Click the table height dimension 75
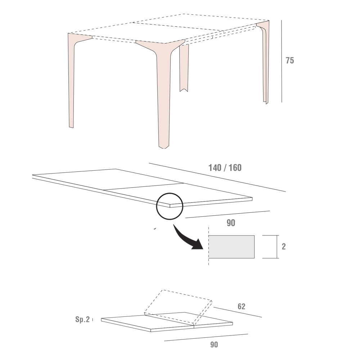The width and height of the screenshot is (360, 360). [x=290, y=60]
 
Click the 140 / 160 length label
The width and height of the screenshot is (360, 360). [x=225, y=168]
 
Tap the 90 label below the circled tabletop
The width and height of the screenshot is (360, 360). [x=231, y=223]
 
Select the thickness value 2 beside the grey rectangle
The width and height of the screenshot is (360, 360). [x=284, y=247]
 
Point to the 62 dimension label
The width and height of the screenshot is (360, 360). [x=241, y=306]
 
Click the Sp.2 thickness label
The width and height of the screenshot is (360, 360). [x=82, y=319]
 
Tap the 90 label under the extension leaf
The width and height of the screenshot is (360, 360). [x=214, y=345]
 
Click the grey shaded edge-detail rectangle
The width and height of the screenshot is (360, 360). [x=231, y=247]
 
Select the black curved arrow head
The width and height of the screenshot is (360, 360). [x=197, y=245]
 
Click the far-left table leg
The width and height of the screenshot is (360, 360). [x=72, y=80]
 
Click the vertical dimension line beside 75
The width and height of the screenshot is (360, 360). [x=282, y=61]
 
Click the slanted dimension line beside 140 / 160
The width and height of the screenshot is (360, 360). [x=217, y=177]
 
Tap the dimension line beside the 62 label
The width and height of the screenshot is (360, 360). [x=238, y=312]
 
